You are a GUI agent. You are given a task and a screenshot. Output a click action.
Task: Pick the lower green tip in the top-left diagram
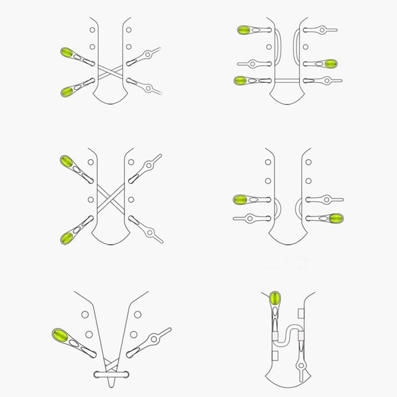68,91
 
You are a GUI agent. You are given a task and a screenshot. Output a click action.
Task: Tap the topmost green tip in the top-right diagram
244,30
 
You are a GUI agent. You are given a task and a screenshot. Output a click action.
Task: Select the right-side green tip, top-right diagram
331,64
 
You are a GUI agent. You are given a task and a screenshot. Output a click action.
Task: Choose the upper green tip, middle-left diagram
66,161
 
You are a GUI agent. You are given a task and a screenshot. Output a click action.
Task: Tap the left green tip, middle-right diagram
241,200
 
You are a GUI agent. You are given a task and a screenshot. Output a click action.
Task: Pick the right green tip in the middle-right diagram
336,218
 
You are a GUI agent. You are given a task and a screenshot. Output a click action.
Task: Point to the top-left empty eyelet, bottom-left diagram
85,314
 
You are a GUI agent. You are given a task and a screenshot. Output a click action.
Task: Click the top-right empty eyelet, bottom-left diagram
138,314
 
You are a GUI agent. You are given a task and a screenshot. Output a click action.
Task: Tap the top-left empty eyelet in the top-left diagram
92,30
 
